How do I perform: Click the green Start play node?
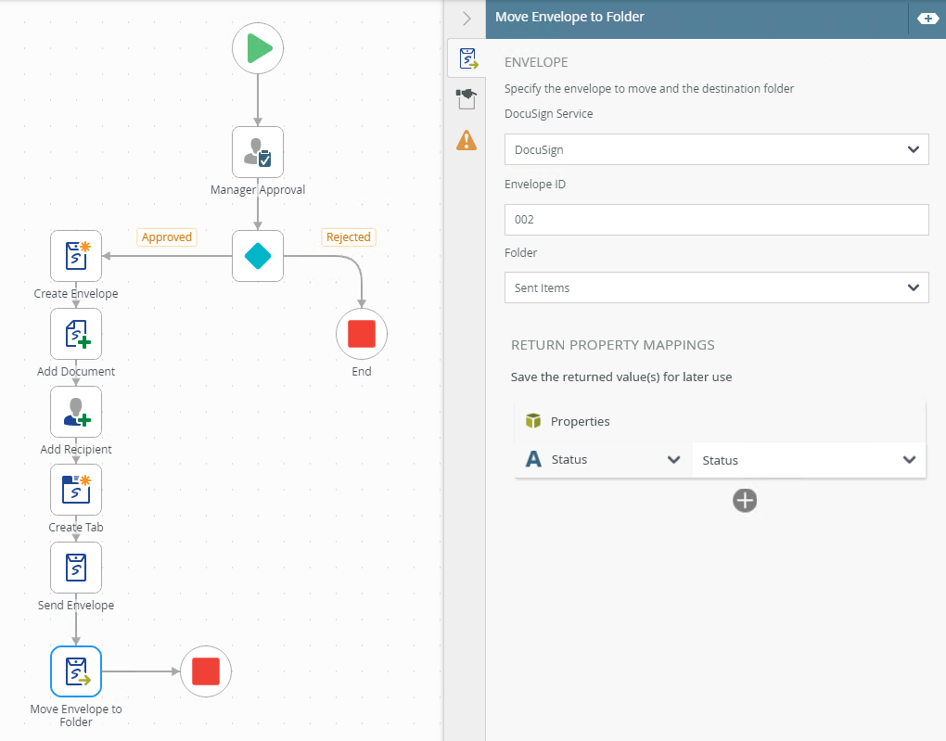(x=258, y=48)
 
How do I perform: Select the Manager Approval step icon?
(x=258, y=152)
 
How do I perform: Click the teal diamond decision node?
(x=258, y=256)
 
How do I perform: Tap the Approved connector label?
(x=167, y=237)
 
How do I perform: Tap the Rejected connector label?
(x=349, y=237)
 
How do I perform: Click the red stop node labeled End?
(x=362, y=334)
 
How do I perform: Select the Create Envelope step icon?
(x=76, y=256)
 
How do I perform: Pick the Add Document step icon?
(x=76, y=334)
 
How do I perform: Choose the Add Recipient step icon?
(x=76, y=412)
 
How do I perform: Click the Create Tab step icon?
(x=76, y=490)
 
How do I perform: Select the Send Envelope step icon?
(x=76, y=568)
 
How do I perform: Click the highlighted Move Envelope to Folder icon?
(x=76, y=671)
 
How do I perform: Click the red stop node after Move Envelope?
(x=205, y=671)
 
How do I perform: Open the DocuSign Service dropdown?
(x=716, y=149)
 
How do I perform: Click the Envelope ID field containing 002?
(x=716, y=220)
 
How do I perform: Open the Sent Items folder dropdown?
(x=716, y=287)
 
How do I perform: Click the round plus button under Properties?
(x=745, y=501)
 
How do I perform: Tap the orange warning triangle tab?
(x=467, y=140)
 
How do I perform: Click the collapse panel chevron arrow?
(x=467, y=18)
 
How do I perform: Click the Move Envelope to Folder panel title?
(x=569, y=17)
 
